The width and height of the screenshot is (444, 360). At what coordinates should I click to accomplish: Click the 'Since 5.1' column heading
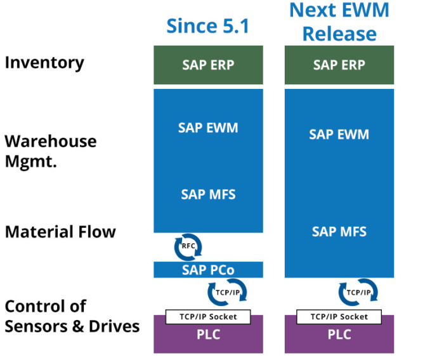tap(207, 26)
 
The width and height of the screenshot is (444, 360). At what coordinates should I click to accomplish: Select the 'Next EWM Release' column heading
tap(339, 22)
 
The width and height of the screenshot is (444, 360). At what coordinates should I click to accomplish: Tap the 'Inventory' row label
tap(44, 63)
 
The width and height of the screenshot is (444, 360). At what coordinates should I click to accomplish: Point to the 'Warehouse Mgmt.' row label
tap(51, 150)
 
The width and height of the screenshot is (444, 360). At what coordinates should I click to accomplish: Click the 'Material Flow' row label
tap(60, 232)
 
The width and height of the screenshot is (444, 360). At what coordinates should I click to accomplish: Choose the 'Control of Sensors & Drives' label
tap(72, 316)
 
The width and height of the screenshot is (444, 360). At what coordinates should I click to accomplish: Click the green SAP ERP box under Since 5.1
tap(208, 65)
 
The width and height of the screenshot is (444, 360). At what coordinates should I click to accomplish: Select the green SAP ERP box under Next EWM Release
tap(339, 65)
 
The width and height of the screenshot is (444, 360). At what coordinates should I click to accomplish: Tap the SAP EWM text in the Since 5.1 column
tap(208, 128)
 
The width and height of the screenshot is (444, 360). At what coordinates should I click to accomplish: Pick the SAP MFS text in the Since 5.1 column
tap(208, 194)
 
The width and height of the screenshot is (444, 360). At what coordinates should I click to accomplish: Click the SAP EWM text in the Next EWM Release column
tap(339, 135)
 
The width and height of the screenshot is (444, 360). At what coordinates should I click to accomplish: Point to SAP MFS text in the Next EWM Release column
tap(339, 232)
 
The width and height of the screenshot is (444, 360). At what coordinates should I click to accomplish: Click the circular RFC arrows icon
tap(188, 246)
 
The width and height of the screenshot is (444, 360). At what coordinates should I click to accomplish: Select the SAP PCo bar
tap(208, 270)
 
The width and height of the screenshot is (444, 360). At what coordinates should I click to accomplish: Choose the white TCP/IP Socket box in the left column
tap(208, 316)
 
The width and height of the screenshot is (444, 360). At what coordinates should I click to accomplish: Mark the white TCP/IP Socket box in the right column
tap(339, 316)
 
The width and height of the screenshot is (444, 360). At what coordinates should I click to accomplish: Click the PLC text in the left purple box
tap(208, 335)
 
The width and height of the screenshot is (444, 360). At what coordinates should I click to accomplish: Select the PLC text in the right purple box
tap(339, 335)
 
